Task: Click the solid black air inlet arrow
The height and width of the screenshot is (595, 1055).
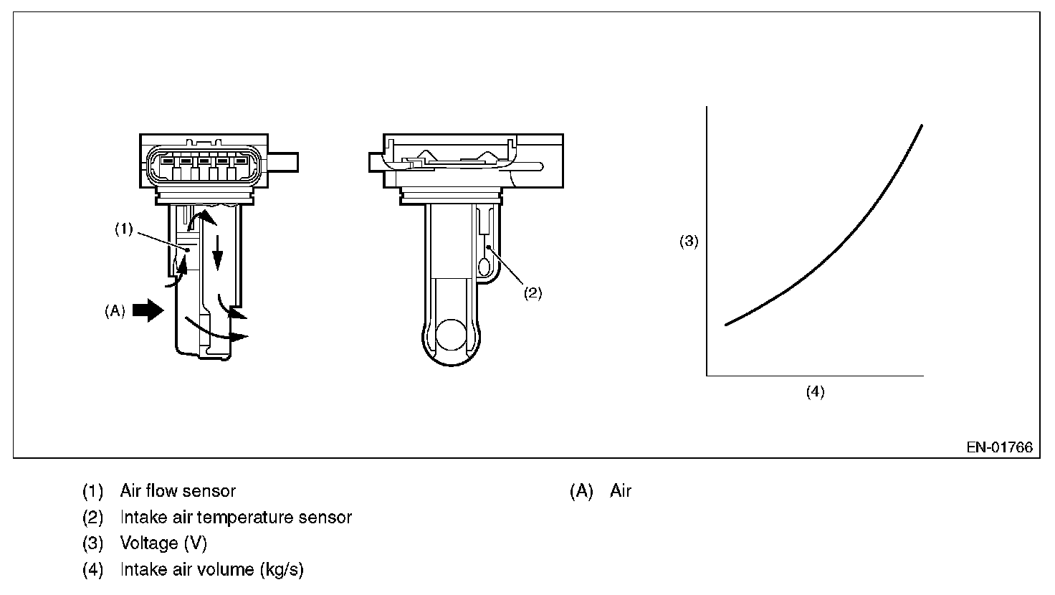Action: point(148,310)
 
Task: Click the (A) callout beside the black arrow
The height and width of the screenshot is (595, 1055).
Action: point(115,311)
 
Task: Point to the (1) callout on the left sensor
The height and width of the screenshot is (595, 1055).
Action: point(124,229)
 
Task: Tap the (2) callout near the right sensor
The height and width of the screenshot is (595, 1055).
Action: point(532,292)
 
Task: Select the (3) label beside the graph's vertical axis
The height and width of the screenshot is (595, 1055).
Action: point(688,242)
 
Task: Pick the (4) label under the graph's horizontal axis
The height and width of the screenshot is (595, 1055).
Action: point(815,391)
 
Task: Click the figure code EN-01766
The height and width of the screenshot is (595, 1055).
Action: point(999,447)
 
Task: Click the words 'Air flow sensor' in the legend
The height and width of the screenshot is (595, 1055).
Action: point(178,491)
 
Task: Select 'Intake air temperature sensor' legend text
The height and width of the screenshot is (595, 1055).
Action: point(236,517)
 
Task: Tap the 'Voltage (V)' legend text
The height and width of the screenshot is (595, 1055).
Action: point(163,543)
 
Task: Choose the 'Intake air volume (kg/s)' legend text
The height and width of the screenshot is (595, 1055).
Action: point(211,570)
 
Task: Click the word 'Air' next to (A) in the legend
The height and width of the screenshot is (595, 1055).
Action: point(621,491)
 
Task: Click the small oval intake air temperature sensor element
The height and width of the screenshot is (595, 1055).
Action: point(484,268)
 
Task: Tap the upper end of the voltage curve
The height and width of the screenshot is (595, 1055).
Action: point(920,127)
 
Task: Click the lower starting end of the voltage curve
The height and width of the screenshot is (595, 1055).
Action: point(727,325)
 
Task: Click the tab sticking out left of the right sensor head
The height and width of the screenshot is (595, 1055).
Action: point(375,162)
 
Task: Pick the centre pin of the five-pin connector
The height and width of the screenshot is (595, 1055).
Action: point(204,161)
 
